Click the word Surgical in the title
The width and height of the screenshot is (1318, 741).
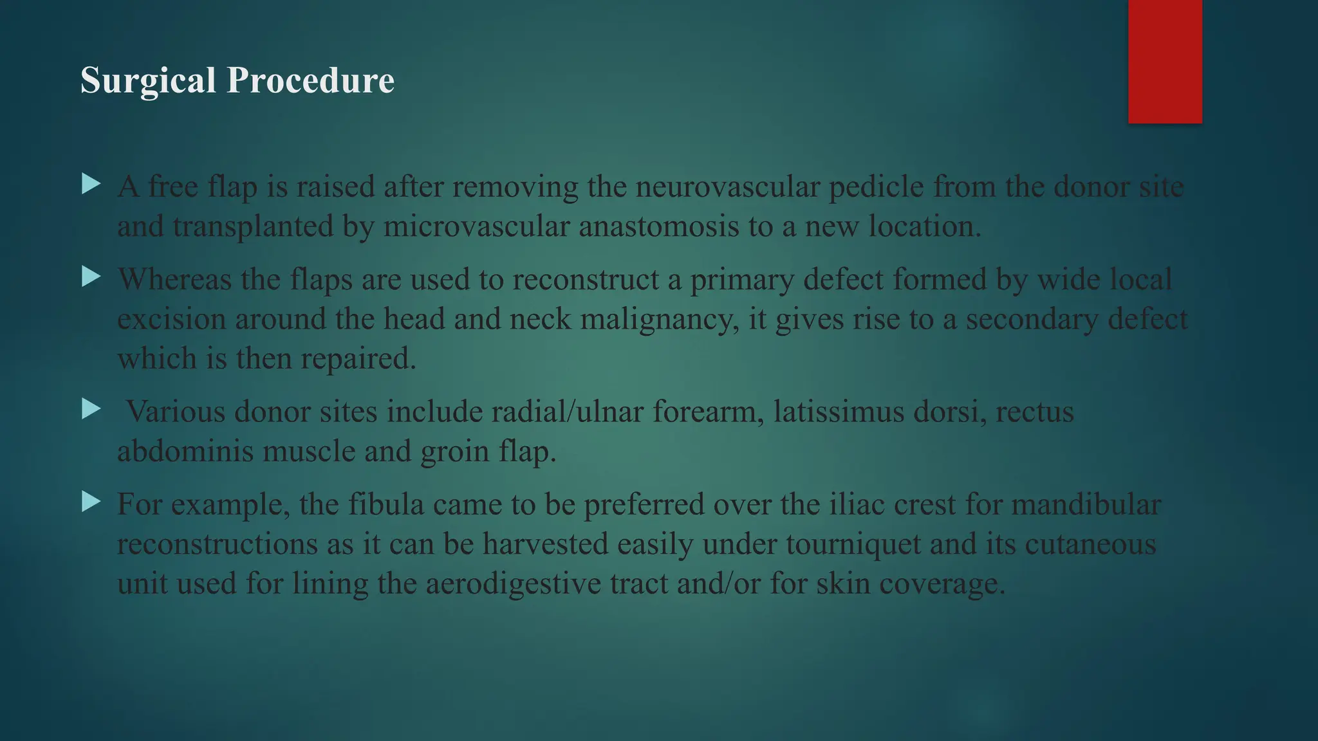[147, 81]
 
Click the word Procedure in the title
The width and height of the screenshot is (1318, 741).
[310, 81]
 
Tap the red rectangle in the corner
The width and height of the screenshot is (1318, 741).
[1165, 61]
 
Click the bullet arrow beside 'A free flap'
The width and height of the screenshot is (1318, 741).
[91, 185]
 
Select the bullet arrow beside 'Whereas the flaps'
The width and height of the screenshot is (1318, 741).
[91, 277]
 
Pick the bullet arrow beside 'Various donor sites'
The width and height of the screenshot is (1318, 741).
[91, 409]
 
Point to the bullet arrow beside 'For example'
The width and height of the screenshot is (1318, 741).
[91, 502]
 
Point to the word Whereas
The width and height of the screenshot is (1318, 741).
[174, 280]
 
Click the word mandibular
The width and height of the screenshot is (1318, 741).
[1086, 504]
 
